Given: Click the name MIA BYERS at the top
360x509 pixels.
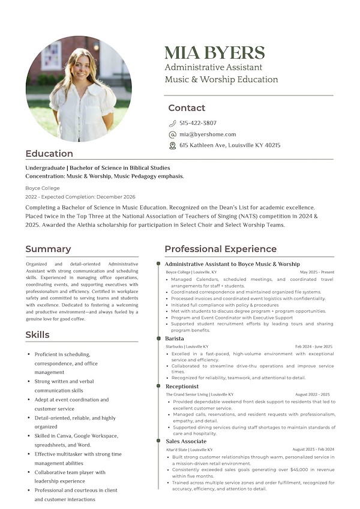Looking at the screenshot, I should pos(214,52).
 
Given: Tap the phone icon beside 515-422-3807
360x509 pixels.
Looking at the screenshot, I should pos(172,123).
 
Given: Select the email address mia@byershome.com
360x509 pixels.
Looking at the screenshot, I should pos(208,134).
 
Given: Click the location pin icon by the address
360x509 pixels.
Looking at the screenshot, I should pos(172,145).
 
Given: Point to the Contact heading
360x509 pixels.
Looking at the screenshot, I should pos(187,108).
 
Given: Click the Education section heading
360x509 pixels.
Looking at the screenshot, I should pos(49,154).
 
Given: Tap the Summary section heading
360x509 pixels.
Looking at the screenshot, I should pos(48,249).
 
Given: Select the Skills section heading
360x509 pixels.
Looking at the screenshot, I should pos(37,334).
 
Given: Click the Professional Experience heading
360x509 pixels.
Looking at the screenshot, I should pos(220,249).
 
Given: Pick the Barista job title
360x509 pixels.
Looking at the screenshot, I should pos(175,339).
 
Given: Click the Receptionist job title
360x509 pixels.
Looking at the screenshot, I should pos(182,387).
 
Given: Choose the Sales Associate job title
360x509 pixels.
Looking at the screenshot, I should pos(186,441).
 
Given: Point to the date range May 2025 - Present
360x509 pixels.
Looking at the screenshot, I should pos(317,272).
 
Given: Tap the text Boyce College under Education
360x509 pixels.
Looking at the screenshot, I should pos(43,188).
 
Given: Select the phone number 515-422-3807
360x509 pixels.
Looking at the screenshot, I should pos(198,123).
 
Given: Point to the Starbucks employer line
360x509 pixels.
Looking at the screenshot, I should pos(187,346).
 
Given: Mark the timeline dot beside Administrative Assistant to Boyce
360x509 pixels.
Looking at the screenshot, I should pos(158,264).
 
